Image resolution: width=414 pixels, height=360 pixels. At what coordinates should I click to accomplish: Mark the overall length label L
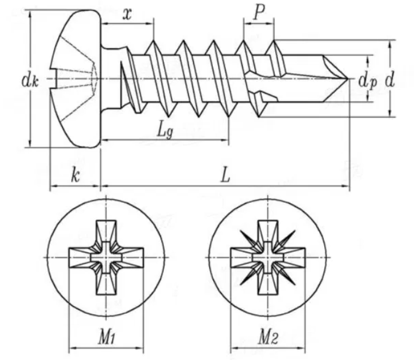[x=225, y=175]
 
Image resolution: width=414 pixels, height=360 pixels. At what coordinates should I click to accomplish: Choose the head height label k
[x=76, y=175]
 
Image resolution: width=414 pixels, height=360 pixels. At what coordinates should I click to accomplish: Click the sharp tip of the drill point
[x=348, y=78]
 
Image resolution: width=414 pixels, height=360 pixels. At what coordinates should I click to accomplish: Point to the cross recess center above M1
[x=106, y=256]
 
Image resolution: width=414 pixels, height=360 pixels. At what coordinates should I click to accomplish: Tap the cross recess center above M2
[x=267, y=256]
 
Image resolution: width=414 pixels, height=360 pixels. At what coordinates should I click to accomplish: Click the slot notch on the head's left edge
[x=52, y=79]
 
